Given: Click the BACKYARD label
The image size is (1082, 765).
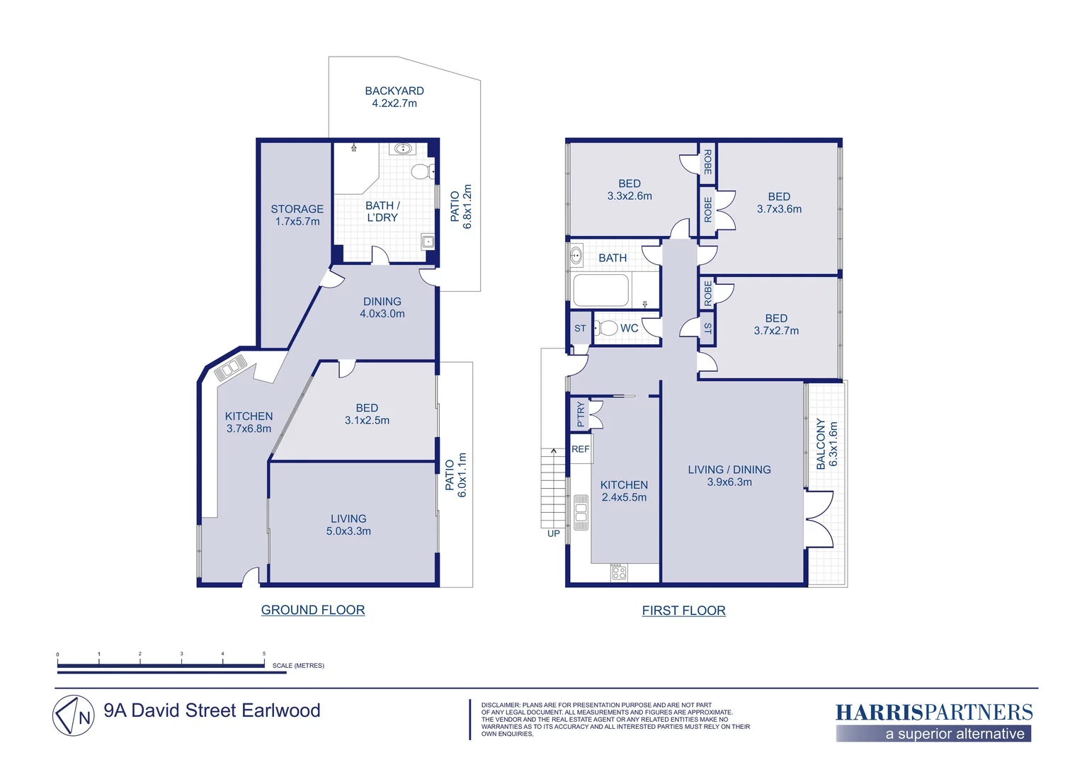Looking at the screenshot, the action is [x=394, y=91].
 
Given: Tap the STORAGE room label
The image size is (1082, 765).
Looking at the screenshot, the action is [x=297, y=209].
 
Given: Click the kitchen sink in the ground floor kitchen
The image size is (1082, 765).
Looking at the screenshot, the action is [x=231, y=368].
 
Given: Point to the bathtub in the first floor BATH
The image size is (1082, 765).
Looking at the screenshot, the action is [x=601, y=290].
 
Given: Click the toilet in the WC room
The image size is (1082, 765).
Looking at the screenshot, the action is [x=605, y=328].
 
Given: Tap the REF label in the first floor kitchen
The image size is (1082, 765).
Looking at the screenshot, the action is [x=580, y=449].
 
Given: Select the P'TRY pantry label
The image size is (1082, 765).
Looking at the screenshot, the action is [x=581, y=414].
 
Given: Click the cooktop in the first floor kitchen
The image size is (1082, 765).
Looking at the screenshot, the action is [x=619, y=572].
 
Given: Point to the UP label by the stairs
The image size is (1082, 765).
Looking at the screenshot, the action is [x=554, y=533].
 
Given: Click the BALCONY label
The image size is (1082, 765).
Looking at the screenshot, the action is [x=821, y=443].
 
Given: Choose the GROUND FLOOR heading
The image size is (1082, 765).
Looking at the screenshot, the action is [x=313, y=610].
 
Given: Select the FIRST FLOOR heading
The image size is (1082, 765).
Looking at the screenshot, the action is [x=683, y=611].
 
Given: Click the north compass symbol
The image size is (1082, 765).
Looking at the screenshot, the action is [x=74, y=715].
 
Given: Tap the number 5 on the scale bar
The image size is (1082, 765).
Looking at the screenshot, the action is [x=264, y=654].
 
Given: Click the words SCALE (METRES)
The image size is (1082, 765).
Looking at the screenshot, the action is [x=299, y=665].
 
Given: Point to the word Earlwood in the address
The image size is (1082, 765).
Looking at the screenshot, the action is [x=280, y=710].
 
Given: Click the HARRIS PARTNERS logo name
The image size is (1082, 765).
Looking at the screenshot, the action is [x=934, y=713].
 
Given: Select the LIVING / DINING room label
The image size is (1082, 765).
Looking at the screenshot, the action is [x=729, y=470].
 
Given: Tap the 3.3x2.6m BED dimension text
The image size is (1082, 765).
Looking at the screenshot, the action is [x=630, y=196].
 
